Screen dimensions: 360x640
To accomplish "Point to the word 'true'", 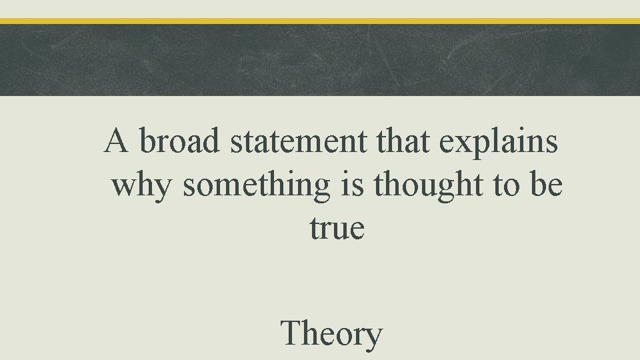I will [x=337, y=228].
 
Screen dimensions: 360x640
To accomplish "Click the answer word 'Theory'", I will [x=332, y=334].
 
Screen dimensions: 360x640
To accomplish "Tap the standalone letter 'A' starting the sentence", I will [x=117, y=142].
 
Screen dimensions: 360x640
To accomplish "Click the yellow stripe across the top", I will [x=320, y=21].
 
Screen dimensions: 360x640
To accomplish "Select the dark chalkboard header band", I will [x=320, y=60].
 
